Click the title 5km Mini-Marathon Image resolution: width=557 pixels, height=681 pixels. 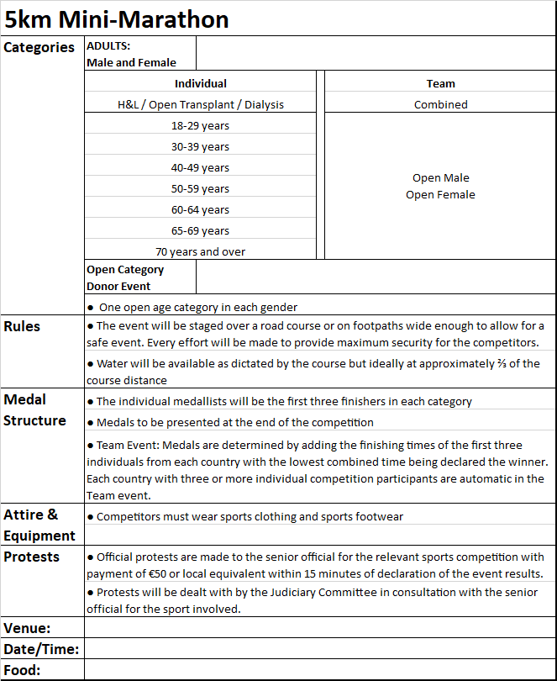coord(117,18)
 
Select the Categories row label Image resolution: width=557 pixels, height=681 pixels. coord(39,48)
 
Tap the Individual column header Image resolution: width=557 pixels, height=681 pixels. coord(200,83)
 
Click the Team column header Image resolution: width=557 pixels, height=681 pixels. coord(440,83)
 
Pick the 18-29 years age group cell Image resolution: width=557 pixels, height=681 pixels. coord(200,125)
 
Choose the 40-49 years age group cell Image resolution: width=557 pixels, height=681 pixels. coord(200,167)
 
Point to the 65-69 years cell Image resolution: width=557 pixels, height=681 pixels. coord(200,230)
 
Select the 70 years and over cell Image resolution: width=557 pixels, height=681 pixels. coord(200,251)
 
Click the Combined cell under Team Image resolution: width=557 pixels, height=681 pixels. coord(440,104)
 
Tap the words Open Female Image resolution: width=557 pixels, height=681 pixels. coord(440,194)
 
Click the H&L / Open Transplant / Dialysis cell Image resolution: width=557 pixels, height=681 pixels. coord(200,104)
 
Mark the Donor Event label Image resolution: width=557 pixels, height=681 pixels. coord(118,286)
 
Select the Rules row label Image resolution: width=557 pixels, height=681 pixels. coord(22,326)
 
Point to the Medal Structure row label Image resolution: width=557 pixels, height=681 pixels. coord(34,409)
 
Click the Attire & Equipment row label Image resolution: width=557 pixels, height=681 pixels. coord(39,525)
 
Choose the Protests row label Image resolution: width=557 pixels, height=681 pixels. coord(32,557)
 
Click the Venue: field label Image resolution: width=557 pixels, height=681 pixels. coord(27,628)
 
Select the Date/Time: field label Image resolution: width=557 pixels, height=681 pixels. coord(41,649)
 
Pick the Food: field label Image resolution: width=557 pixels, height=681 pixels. coord(23,670)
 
